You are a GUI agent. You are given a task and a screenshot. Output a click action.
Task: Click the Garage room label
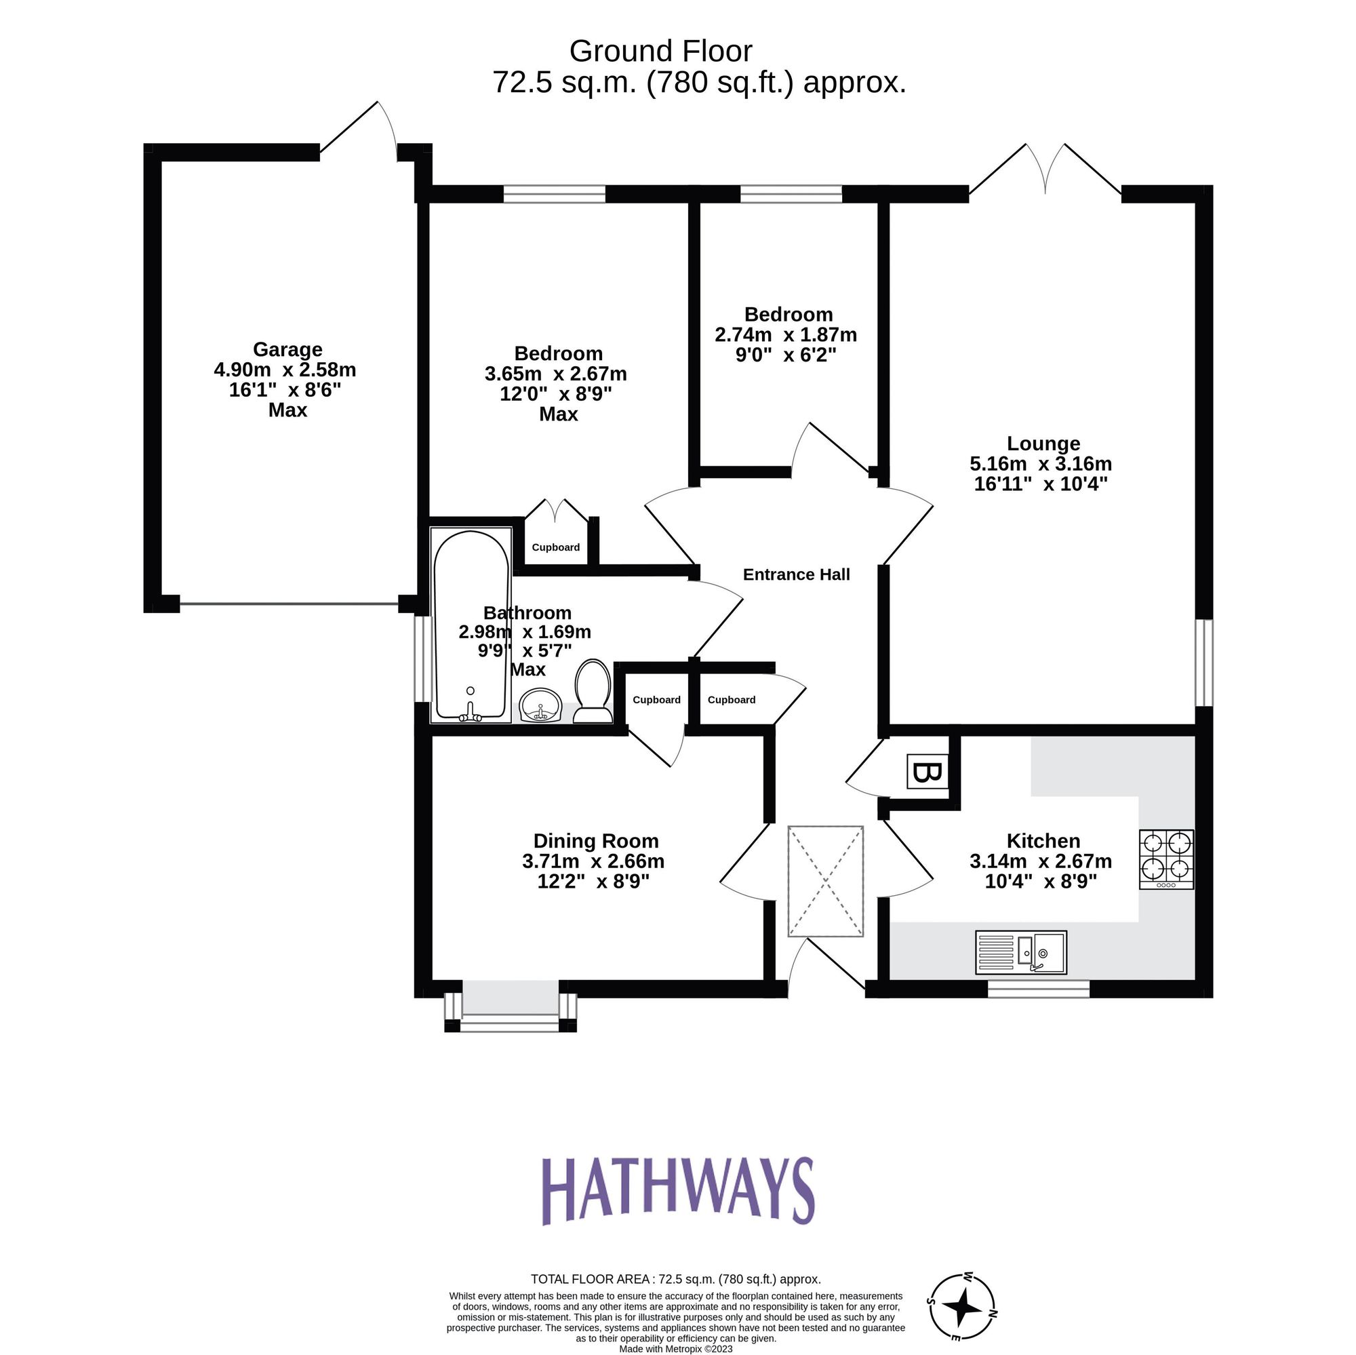click(x=287, y=349)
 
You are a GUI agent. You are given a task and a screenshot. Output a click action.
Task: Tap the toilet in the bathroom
click(x=593, y=691)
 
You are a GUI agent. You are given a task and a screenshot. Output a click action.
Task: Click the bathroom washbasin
click(x=540, y=705)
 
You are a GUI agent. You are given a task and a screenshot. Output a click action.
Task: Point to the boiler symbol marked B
click(x=926, y=772)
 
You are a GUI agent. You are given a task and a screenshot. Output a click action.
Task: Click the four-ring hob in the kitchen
click(x=1165, y=861)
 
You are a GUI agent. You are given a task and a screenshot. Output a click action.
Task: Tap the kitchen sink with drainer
click(x=1020, y=953)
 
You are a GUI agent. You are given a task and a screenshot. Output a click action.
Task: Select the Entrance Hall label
click(x=796, y=575)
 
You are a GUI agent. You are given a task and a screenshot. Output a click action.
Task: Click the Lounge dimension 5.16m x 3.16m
click(x=1040, y=464)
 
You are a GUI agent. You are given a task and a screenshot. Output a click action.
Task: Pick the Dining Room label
click(x=595, y=841)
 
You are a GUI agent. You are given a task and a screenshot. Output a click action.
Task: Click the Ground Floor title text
click(x=660, y=52)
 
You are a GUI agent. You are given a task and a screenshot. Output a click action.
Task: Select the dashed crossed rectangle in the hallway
click(x=825, y=881)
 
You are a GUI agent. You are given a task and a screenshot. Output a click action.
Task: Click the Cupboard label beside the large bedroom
click(x=555, y=547)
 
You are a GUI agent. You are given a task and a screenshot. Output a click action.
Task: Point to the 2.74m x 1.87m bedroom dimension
click(x=785, y=335)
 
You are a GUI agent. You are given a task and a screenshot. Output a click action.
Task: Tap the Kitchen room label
click(x=1043, y=841)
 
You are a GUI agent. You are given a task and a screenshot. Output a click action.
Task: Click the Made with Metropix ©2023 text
click(x=675, y=1349)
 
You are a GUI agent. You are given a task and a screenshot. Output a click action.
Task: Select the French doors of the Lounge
click(x=1045, y=172)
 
